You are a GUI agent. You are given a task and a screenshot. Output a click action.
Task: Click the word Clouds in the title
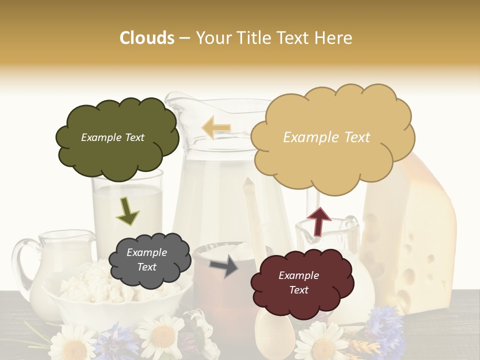(147, 38)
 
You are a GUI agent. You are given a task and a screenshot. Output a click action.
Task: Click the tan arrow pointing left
(216, 128)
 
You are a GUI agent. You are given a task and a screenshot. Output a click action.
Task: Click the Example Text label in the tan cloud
(326, 137)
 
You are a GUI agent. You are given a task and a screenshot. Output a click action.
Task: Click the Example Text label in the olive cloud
(112, 137)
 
